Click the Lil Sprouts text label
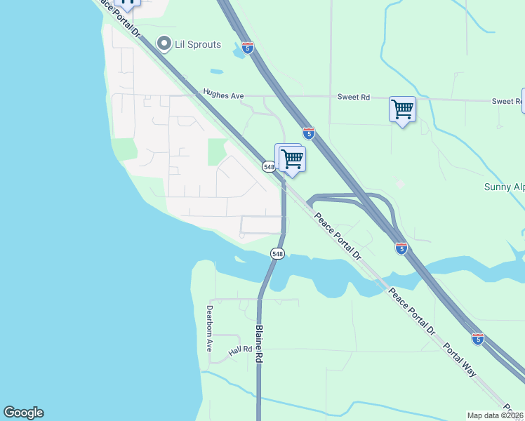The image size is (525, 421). coord(199,45)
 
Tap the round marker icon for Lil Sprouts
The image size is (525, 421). coord(165,44)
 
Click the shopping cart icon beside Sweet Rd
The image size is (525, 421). coord(402,109)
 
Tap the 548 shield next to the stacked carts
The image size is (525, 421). coord(269,166)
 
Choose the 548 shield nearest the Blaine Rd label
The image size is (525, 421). coord(277,253)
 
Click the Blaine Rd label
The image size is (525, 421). coord(259,343)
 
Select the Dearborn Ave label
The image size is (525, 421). coord(209,327)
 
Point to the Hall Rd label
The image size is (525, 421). coord(240,350)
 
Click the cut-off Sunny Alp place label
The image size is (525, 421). coord(504,187)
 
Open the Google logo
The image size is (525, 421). coord(23,413)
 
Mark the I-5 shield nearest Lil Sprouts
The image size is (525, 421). coord(248,47)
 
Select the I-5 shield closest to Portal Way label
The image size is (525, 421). coord(478,339)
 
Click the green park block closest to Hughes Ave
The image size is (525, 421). coord(218,151)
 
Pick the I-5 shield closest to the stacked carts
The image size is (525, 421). coord(309,132)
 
